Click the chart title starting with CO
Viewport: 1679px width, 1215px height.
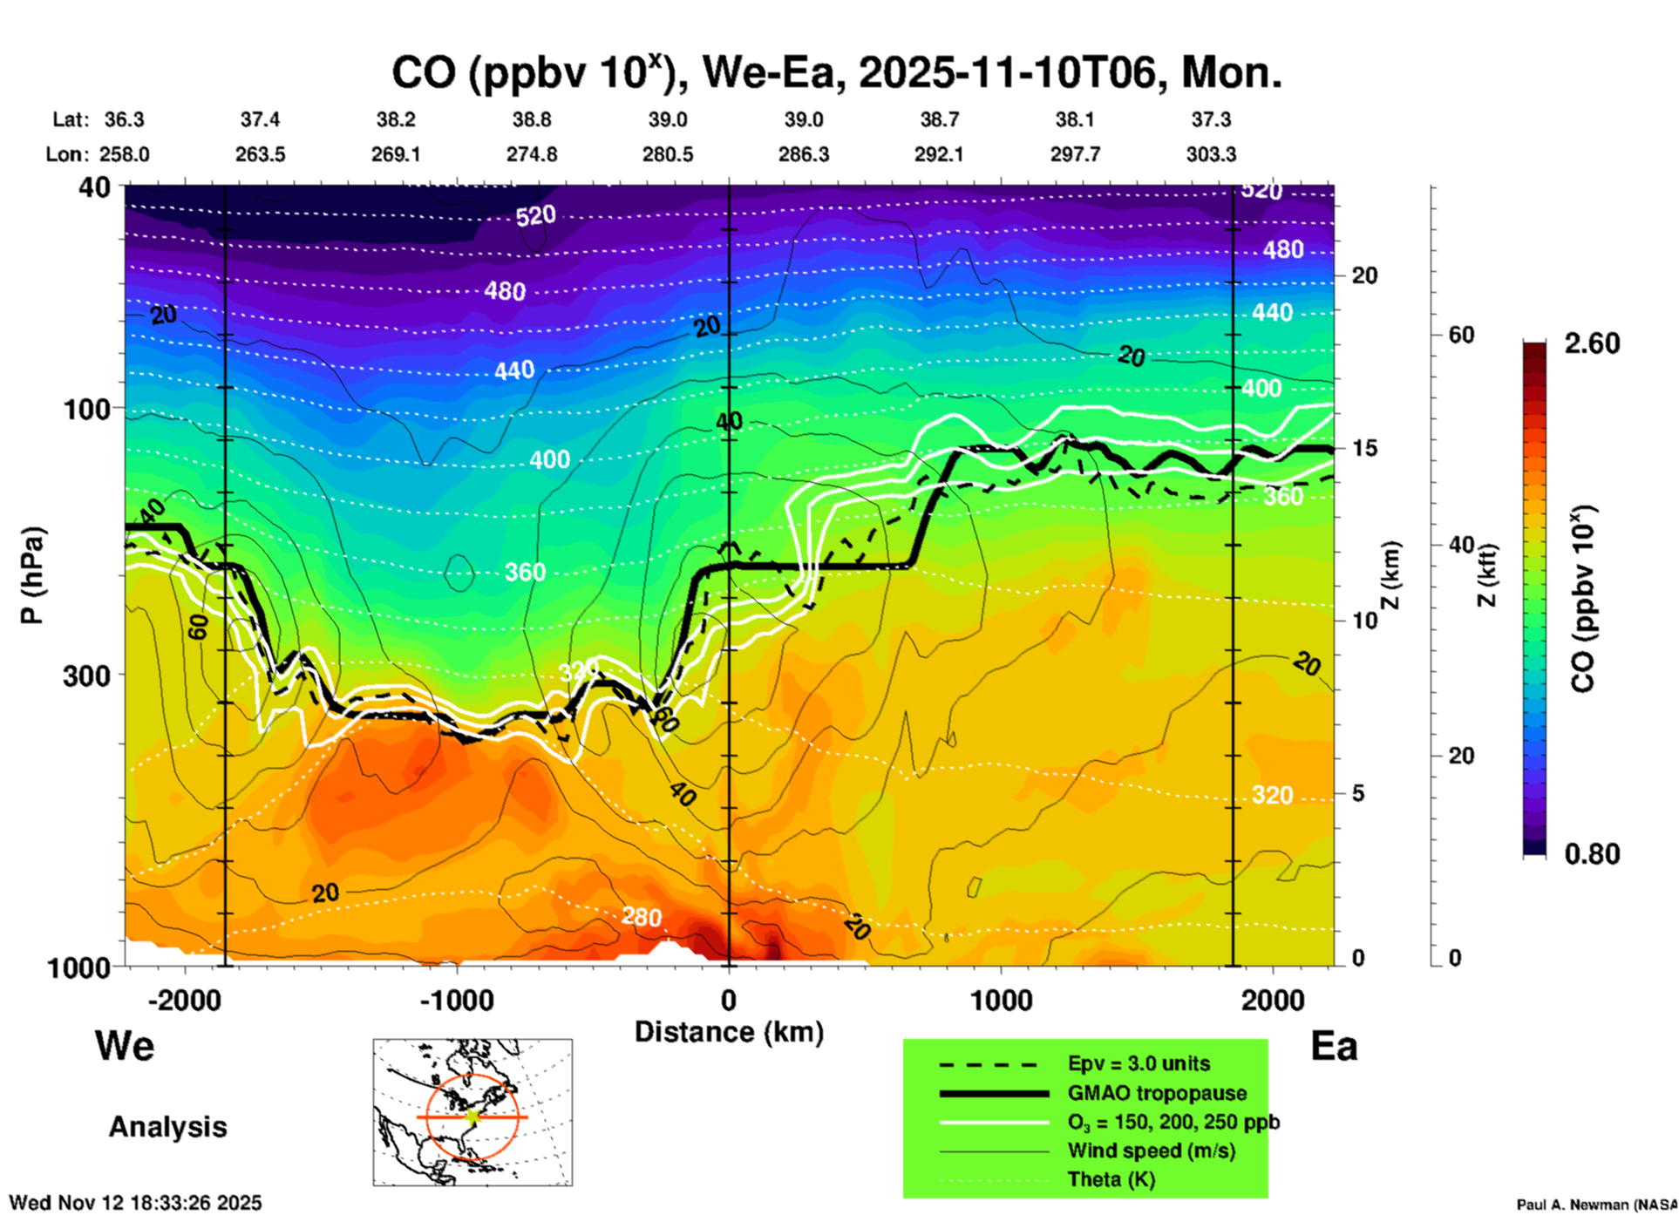pyautogui.click(x=836, y=73)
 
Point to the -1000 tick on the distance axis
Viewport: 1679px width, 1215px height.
pyautogui.click(x=457, y=1001)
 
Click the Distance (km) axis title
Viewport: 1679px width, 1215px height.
pyautogui.click(x=729, y=1032)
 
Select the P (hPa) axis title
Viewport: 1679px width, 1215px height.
pyautogui.click(x=32, y=575)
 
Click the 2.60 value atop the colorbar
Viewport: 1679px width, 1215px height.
pyautogui.click(x=1592, y=343)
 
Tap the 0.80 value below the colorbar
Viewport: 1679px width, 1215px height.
pyautogui.click(x=1592, y=854)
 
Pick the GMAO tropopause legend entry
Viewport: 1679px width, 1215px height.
pyautogui.click(x=1157, y=1093)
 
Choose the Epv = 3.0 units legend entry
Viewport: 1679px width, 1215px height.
pyautogui.click(x=1139, y=1064)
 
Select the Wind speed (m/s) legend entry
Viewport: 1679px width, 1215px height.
pyautogui.click(x=1151, y=1151)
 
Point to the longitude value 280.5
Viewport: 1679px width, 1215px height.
pyautogui.click(x=668, y=154)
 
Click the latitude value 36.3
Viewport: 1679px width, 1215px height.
pyautogui.click(x=125, y=119)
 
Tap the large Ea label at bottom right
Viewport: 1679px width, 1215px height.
pyautogui.click(x=1334, y=1047)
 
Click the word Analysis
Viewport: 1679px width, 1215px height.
pyautogui.click(x=167, y=1127)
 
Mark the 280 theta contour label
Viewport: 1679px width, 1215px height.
pyautogui.click(x=641, y=917)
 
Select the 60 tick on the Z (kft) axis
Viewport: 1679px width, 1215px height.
pyautogui.click(x=1461, y=335)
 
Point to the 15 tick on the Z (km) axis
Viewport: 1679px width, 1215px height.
pyautogui.click(x=1364, y=448)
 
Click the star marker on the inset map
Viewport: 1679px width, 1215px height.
pyautogui.click(x=473, y=1117)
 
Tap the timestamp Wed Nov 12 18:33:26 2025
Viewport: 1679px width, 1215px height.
pyautogui.click(x=135, y=1203)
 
